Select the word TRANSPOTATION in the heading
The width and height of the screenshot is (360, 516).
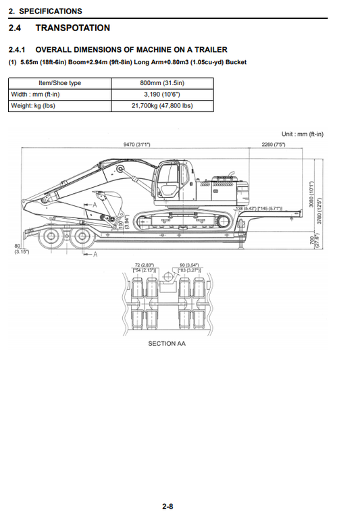click(72, 28)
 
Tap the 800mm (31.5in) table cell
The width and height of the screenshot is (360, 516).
click(161, 83)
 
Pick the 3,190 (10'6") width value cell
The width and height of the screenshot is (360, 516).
click(161, 95)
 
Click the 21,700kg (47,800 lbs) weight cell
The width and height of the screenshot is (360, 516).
click(161, 106)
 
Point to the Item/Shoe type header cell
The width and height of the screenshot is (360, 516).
click(59, 83)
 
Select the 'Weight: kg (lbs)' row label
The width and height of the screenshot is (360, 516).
click(33, 106)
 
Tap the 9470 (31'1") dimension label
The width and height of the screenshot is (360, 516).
click(137, 145)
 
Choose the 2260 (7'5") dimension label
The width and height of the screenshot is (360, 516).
click(273, 145)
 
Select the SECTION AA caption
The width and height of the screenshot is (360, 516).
click(166, 344)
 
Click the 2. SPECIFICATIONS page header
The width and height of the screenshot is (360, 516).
click(45, 11)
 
